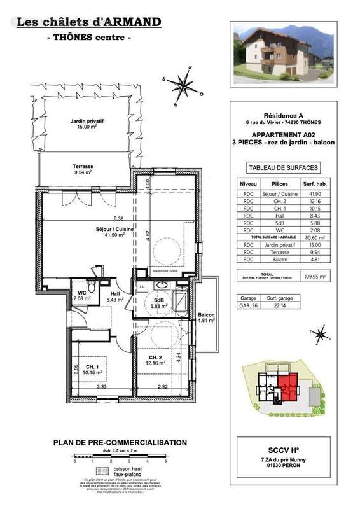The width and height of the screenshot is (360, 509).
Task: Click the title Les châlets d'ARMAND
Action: point(88,23)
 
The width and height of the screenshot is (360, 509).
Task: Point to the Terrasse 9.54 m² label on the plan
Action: point(83,169)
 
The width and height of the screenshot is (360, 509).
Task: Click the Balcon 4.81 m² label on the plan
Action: point(205,317)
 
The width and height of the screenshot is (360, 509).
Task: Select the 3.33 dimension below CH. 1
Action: point(102,386)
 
